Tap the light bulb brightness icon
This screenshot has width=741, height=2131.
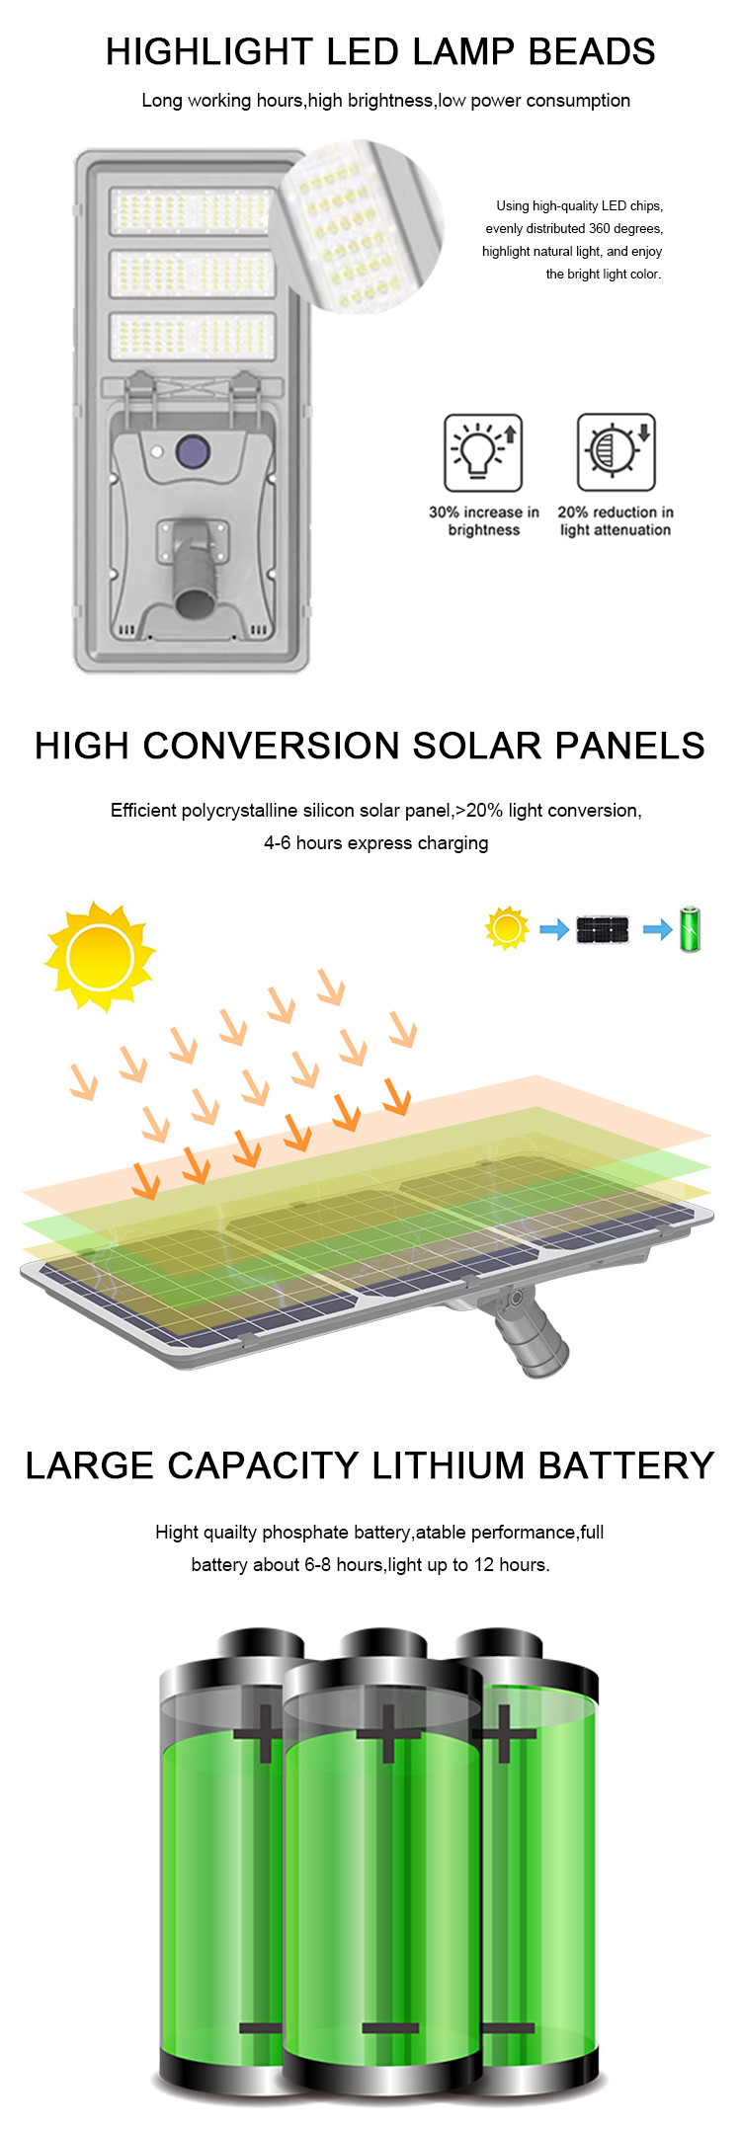tap(483, 452)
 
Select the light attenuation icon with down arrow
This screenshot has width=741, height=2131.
tap(617, 452)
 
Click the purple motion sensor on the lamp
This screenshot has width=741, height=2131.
tap(193, 452)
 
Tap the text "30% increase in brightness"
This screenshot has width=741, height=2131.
tap(484, 521)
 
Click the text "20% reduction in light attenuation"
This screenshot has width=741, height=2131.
tap(616, 521)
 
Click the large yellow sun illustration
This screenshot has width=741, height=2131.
tap(101, 956)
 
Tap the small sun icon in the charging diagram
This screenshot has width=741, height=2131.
tap(507, 928)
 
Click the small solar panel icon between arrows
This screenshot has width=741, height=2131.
tap(603, 929)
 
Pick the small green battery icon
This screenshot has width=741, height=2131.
tap(691, 929)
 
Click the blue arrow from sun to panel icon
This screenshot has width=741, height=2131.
tap(554, 929)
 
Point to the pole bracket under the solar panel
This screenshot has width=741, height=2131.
tap(529, 1329)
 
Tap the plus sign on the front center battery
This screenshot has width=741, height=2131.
tap(388, 1734)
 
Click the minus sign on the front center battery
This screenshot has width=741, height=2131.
tap(390, 2028)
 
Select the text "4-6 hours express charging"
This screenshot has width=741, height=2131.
tap(376, 842)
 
